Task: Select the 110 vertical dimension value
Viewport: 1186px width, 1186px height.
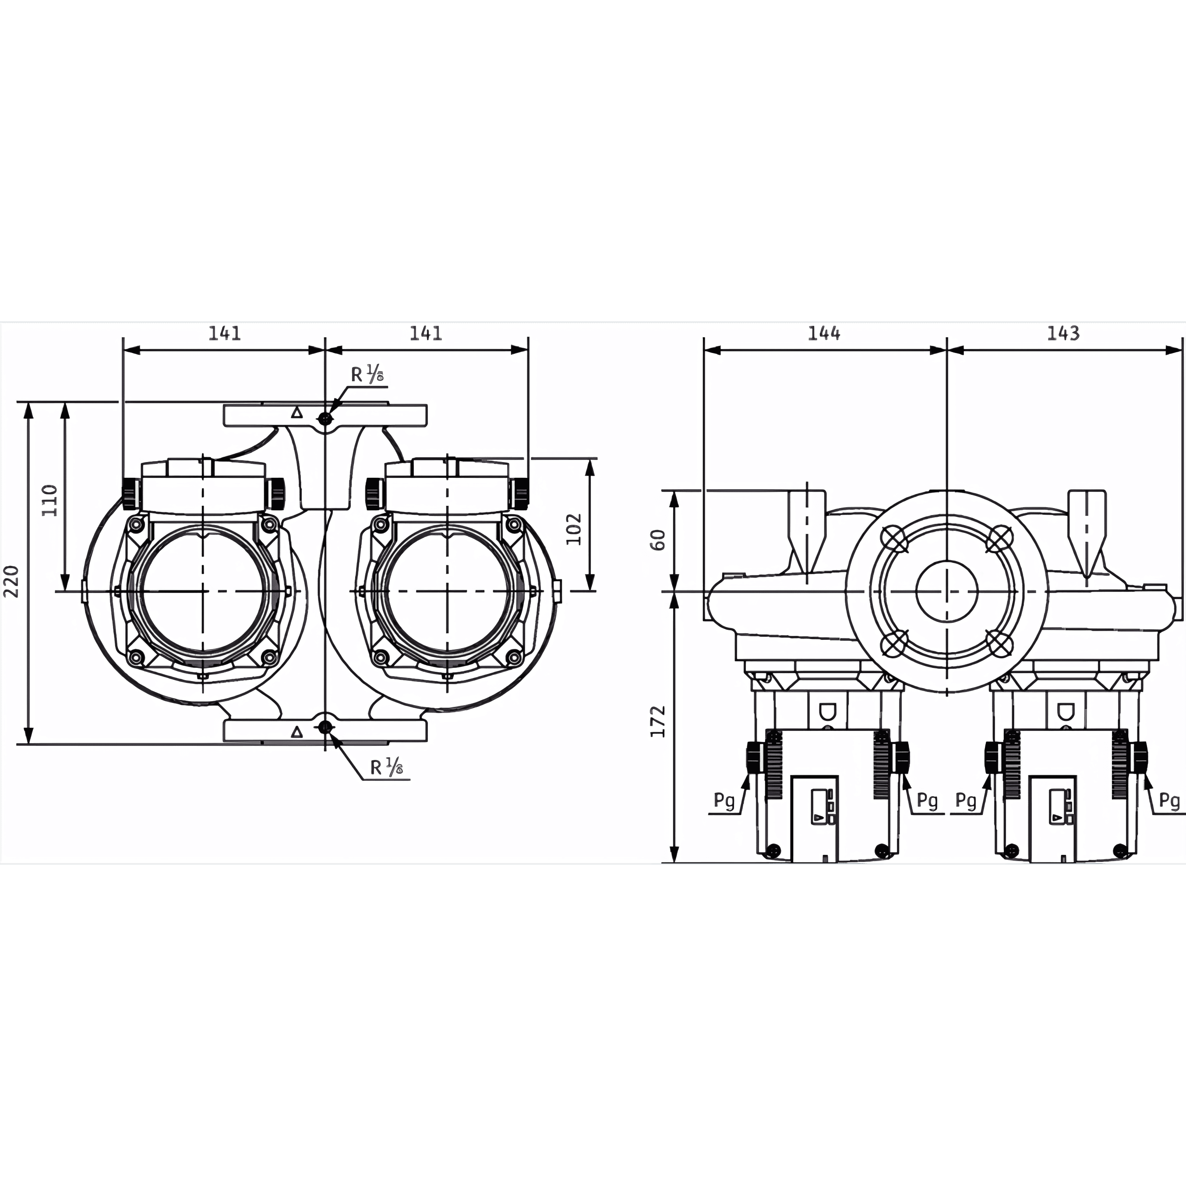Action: pos(50,500)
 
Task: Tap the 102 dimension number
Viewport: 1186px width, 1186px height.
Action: pos(573,529)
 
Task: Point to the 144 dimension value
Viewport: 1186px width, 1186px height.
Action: pos(824,333)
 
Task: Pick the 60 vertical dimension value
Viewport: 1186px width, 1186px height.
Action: pos(657,540)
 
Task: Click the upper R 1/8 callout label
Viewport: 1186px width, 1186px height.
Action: pos(367,374)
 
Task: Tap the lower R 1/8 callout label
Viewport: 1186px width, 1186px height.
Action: pos(387,767)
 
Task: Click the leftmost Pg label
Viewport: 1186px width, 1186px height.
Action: pos(724,801)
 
